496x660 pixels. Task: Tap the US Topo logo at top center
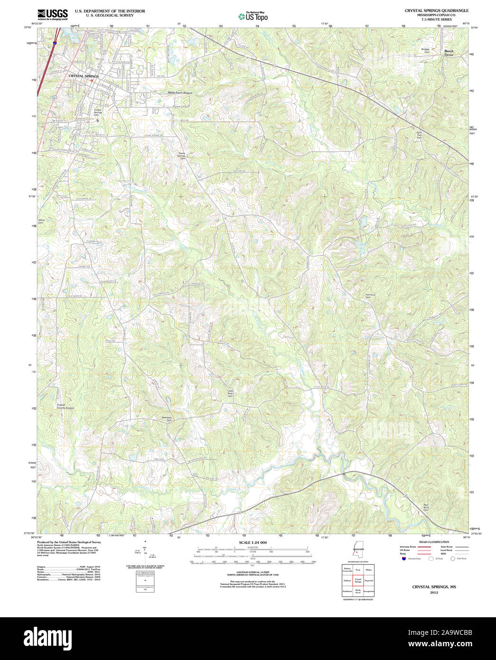[253, 17]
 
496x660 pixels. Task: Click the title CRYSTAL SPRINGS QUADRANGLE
[436, 10]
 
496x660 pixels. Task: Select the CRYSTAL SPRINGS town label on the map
[84, 76]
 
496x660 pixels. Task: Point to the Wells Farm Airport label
[180, 93]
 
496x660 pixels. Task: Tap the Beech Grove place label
[449, 53]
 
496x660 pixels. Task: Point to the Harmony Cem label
[370, 296]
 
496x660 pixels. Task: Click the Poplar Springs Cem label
[182, 155]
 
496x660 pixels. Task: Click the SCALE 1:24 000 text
[253, 543]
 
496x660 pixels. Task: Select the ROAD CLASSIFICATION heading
[434, 542]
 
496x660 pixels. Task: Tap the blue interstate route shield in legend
[404, 559]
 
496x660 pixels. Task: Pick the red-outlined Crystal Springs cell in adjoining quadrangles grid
[358, 580]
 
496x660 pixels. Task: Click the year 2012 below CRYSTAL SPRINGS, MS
[434, 593]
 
